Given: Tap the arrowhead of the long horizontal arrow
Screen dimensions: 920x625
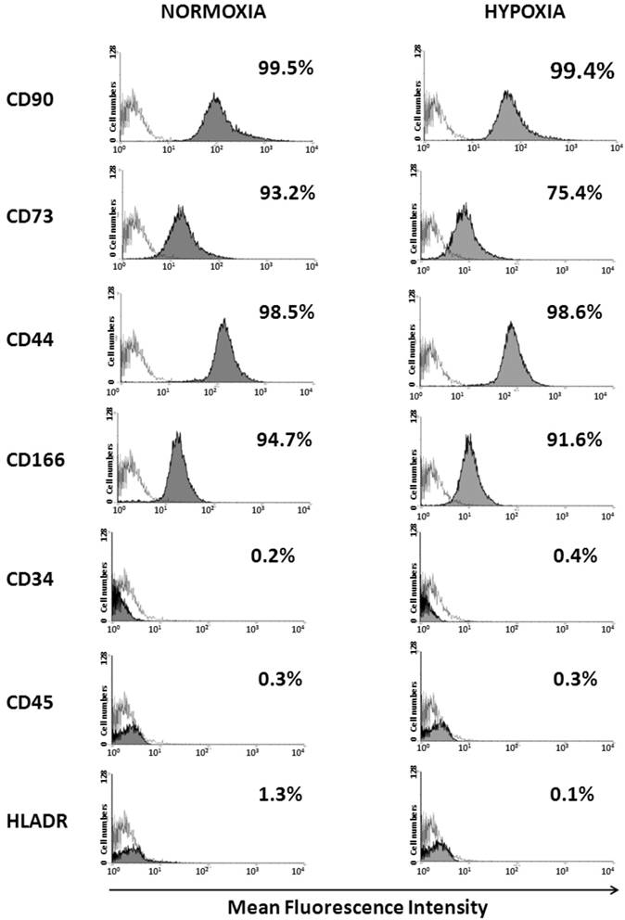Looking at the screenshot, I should pyautogui.click(x=615, y=888).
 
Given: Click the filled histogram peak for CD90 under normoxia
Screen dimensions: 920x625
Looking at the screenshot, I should pyautogui.click(x=216, y=96).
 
